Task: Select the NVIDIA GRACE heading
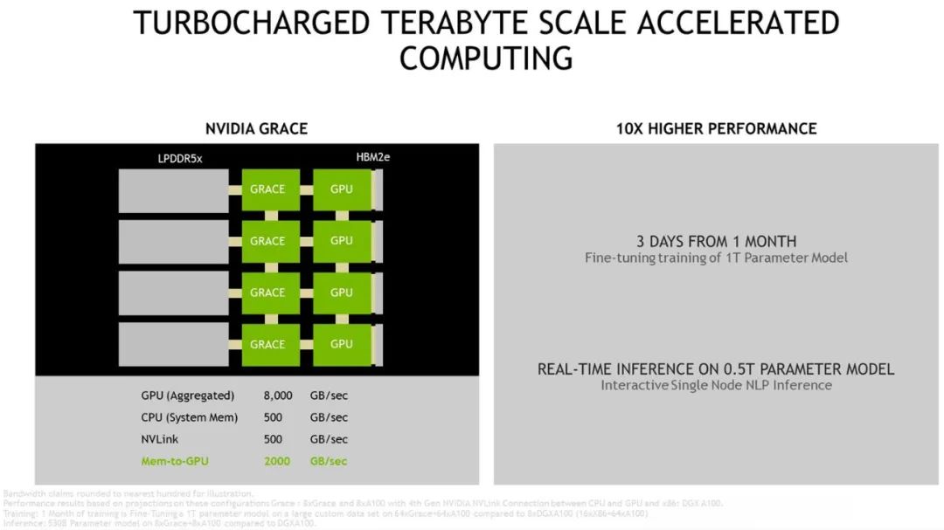[x=256, y=128]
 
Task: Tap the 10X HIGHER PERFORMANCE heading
[x=716, y=128]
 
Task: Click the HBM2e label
[x=372, y=158]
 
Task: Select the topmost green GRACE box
[x=267, y=189]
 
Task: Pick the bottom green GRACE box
[x=267, y=344]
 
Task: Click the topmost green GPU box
[x=342, y=189]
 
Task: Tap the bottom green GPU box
[x=342, y=344]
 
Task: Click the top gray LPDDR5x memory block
[x=173, y=190]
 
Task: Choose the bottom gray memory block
[x=173, y=344]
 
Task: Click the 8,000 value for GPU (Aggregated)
[x=278, y=396]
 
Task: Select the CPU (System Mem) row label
[x=189, y=417]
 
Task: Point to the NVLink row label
[x=160, y=439]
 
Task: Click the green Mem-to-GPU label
[x=176, y=461]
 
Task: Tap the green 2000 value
[x=277, y=461]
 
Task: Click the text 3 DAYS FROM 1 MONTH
[x=716, y=241]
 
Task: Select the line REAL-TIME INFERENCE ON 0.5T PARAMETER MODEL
[x=716, y=369]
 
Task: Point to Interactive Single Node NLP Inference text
[x=716, y=385]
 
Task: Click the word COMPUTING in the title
[x=486, y=59]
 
